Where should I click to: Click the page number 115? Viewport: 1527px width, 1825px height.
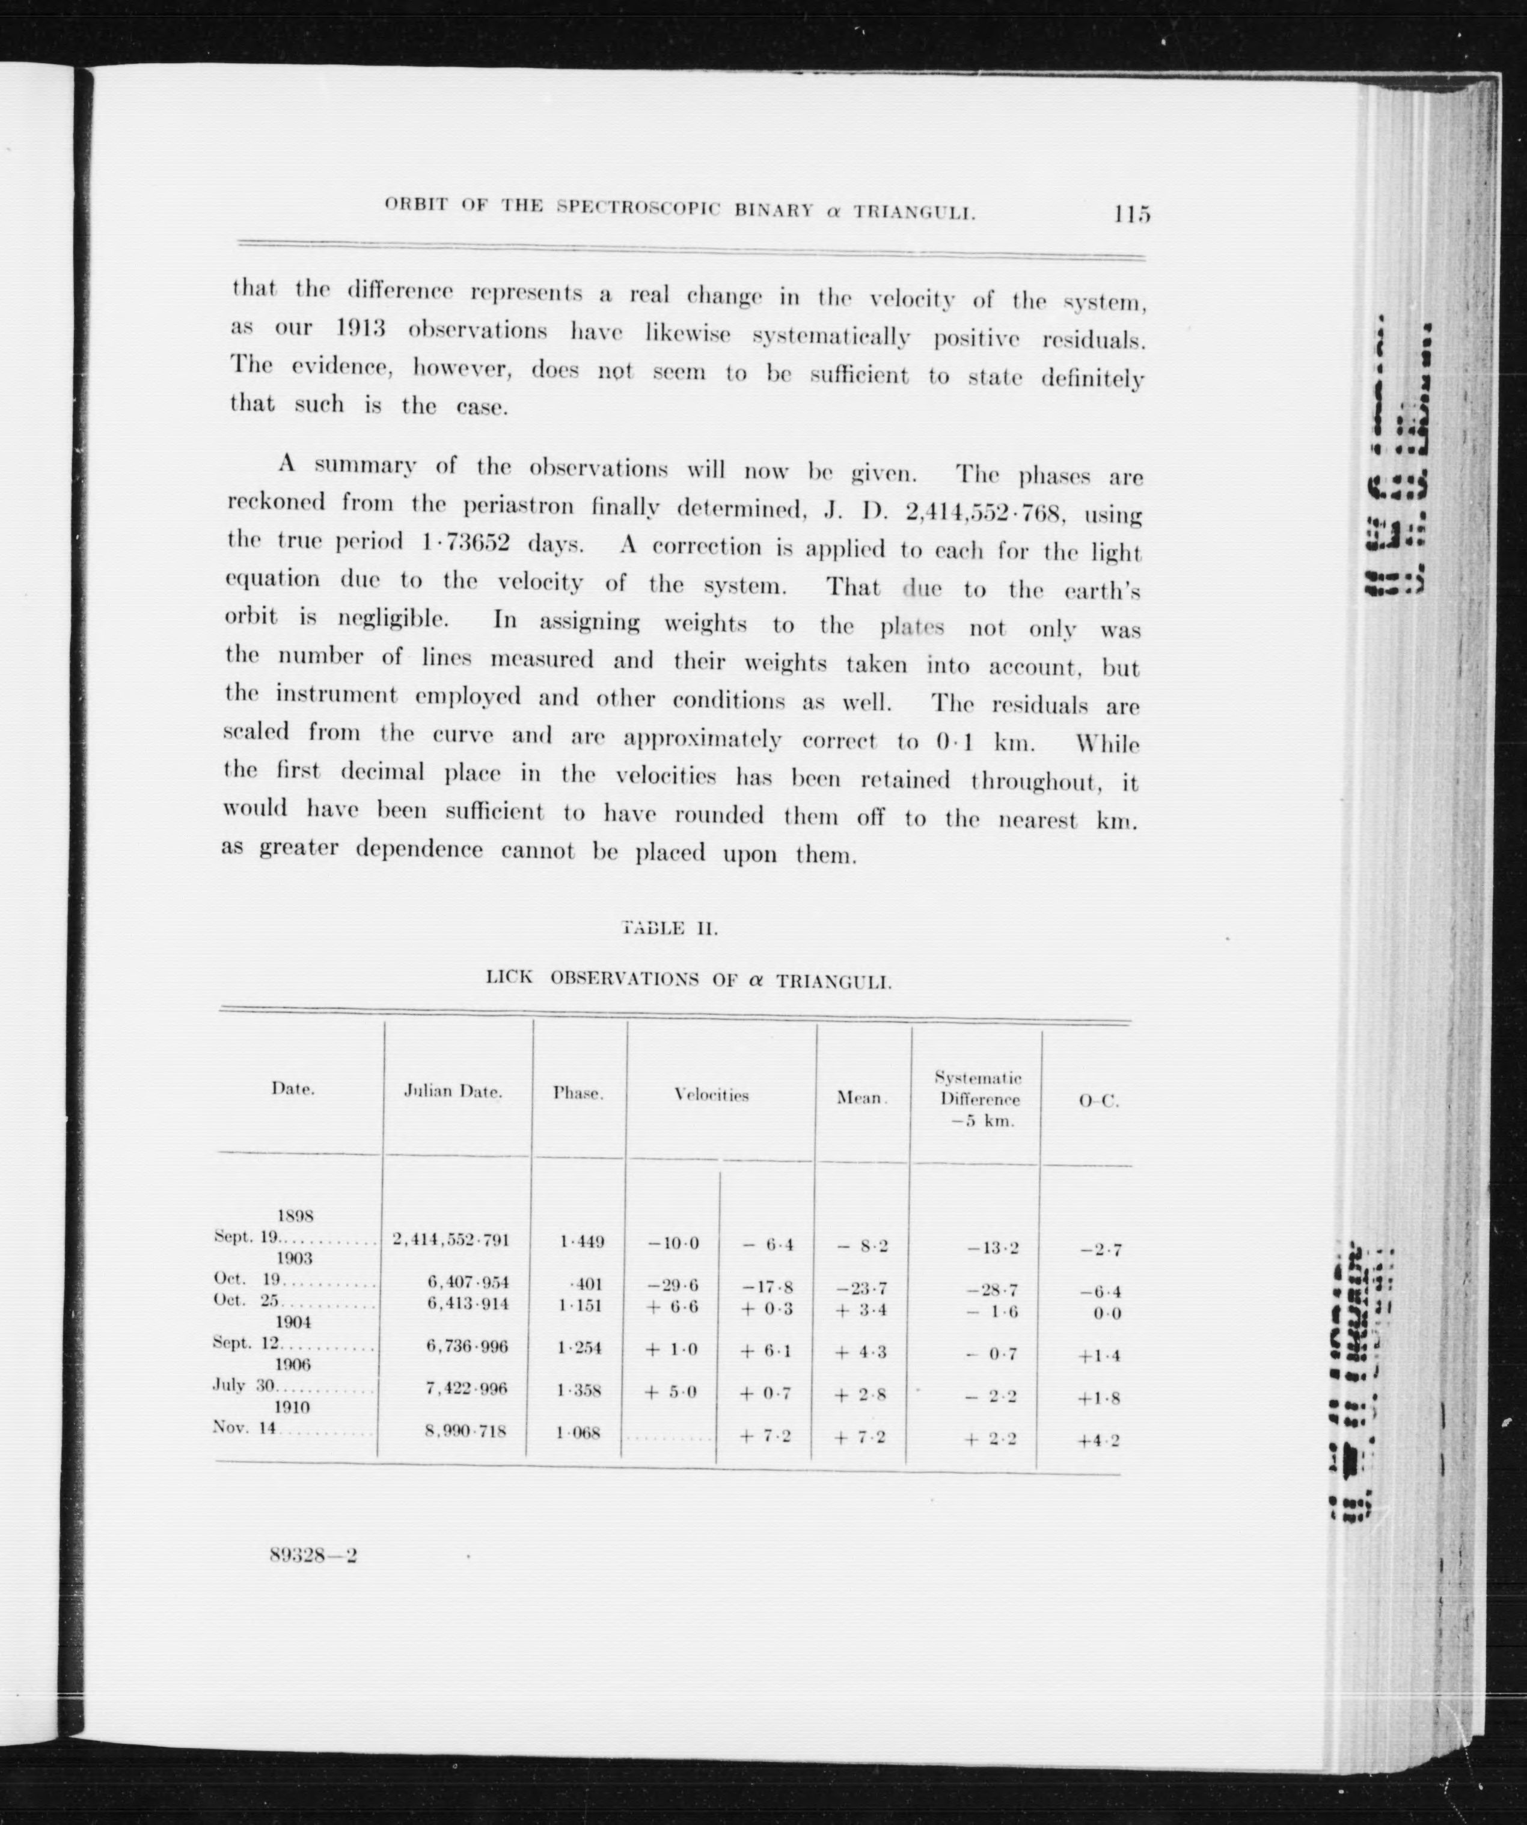coord(1131,214)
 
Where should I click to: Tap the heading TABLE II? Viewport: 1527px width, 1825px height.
coord(670,928)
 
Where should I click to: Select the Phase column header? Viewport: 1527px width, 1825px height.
coord(578,1094)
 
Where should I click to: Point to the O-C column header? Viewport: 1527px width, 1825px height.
coord(1098,1101)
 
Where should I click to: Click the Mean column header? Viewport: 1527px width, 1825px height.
coord(860,1098)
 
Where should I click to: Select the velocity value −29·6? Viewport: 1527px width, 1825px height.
coord(673,1285)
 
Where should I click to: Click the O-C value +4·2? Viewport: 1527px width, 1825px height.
coord(1098,1440)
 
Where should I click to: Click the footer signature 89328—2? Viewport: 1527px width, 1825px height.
coord(314,1556)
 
